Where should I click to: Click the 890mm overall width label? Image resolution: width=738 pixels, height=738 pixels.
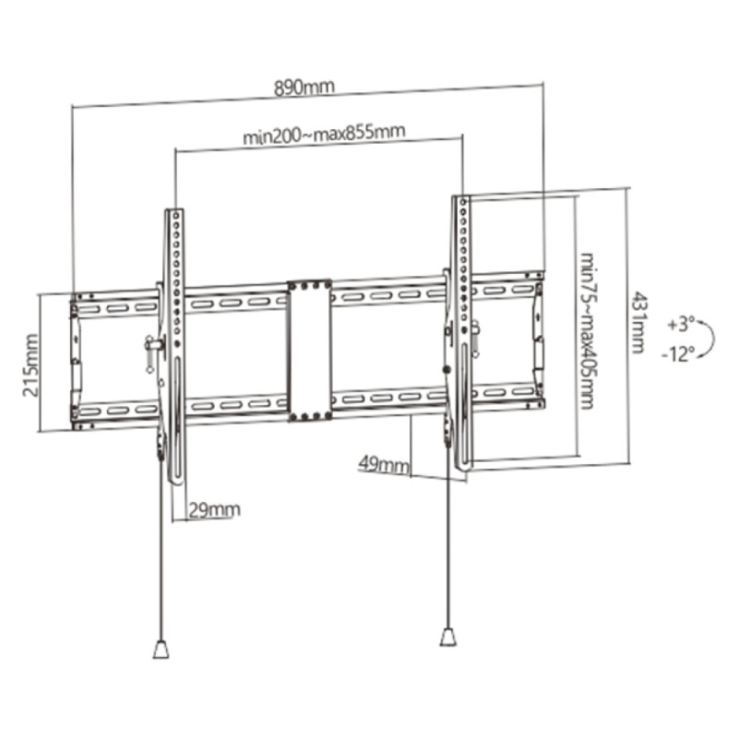pos(304,88)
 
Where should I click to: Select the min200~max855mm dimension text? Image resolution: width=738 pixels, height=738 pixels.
pos(324,134)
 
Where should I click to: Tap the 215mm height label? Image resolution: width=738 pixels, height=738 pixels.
pos(31,365)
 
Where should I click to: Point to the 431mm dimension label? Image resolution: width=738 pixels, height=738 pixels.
pos(637,322)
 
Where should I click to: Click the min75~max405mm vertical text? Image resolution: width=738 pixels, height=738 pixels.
pos(587,331)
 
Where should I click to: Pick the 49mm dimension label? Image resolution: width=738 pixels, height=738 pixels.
pos(384,465)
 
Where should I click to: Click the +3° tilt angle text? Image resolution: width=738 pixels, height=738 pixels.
pos(681,325)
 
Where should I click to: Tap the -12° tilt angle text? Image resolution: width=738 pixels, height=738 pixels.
pos(678,353)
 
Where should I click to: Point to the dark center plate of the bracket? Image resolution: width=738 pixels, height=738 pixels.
pos(310,351)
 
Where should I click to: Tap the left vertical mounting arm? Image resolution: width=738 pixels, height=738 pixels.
pos(174,346)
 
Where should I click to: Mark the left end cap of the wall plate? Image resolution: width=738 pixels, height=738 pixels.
pos(75,362)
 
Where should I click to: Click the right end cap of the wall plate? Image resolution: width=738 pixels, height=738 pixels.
pos(539,339)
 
